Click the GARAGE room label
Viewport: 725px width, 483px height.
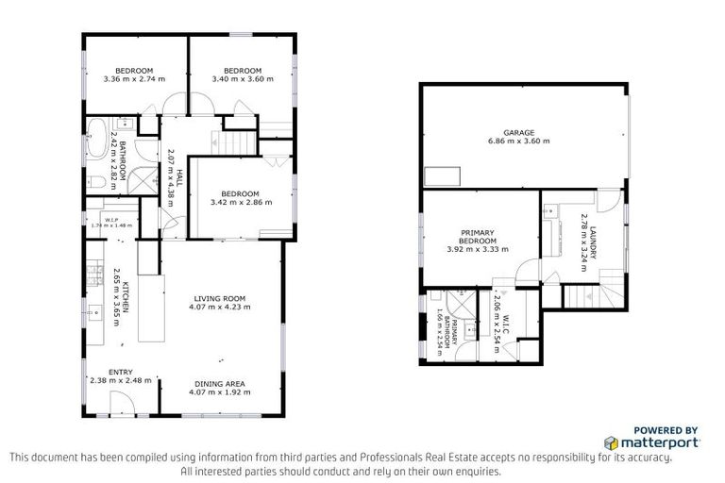518,132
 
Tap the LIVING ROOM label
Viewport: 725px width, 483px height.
220,298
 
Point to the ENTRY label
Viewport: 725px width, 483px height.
120,372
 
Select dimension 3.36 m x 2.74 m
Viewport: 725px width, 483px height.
134,79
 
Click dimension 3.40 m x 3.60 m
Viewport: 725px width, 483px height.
242,79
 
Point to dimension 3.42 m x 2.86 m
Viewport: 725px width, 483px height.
241,202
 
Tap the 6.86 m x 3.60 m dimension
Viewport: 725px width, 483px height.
518,141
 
